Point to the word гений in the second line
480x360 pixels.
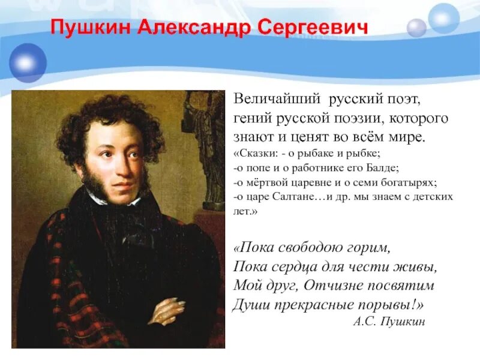coord(249,118)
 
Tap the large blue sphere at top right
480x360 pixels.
coord(444,18)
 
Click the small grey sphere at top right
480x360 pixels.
coord(416,28)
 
